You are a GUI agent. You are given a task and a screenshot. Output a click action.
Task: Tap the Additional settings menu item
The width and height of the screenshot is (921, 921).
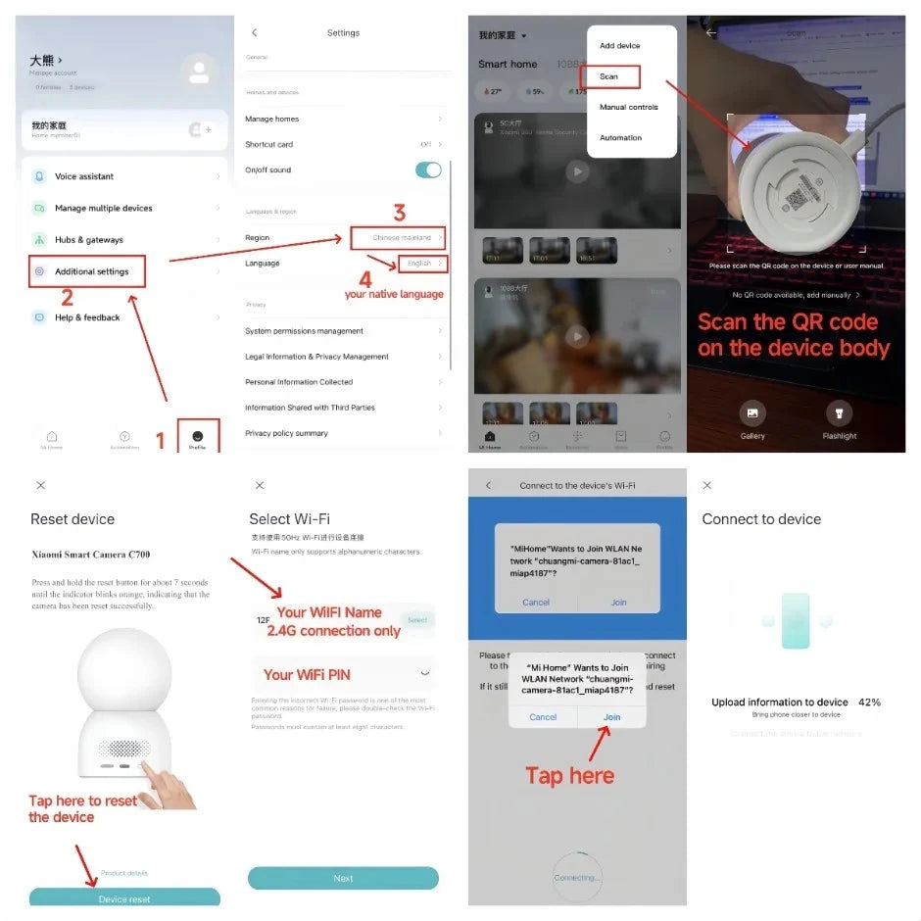point(91,271)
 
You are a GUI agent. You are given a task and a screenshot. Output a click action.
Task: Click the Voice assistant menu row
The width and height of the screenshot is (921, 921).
point(84,176)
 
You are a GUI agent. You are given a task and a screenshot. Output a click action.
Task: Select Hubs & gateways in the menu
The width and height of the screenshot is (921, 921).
point(89,240)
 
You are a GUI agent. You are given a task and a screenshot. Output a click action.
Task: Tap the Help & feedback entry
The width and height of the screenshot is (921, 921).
point(87,317)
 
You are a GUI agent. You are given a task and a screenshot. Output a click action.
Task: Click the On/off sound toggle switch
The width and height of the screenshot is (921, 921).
point(428,170)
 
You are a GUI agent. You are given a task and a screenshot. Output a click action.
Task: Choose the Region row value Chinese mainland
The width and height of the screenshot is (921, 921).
point(402,238)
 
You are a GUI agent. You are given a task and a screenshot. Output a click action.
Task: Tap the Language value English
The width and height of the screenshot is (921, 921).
point(420,264)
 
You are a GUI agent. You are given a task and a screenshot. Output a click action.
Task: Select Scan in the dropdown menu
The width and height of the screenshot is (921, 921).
point(608,76)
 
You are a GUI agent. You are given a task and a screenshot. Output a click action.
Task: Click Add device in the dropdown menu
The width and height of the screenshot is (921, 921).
point(620,46)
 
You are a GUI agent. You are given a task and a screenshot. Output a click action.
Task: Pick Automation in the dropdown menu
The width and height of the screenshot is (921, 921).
point(621,138)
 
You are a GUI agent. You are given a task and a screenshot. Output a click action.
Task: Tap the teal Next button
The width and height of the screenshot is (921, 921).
point(343,878)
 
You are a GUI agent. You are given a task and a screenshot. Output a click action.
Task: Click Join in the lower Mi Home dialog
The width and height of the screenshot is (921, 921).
point(612,717)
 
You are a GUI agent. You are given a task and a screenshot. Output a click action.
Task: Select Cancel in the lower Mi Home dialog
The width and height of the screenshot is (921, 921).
point(543,717)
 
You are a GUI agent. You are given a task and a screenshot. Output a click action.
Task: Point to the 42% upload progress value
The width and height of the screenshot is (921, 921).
point(869,703)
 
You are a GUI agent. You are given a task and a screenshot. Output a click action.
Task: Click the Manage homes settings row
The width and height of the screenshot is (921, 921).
point(272,119)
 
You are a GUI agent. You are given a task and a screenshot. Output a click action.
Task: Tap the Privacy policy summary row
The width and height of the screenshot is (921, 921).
point(287,433)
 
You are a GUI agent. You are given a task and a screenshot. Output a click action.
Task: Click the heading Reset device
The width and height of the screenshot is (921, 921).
point(73,519)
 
